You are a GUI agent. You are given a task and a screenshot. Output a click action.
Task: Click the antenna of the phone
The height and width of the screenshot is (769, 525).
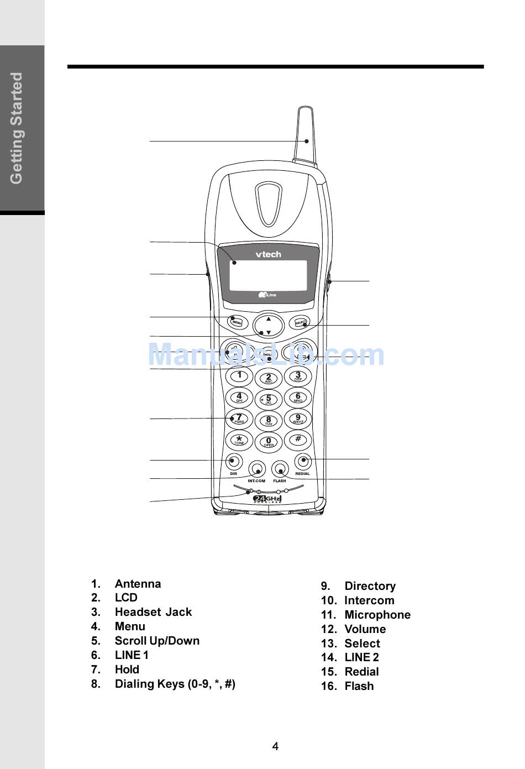coord(306,135)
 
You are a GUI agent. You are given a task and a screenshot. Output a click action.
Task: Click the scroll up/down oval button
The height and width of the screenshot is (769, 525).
coord(269,326)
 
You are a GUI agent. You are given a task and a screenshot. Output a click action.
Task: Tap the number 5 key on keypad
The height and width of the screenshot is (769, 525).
coord(269,399)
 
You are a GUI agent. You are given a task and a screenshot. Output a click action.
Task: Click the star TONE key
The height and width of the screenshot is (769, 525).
coord(239,440)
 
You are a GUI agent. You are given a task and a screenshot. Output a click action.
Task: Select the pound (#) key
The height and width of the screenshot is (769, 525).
coord(298,440)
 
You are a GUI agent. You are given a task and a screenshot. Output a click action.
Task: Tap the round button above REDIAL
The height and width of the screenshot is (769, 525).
coord(302,461)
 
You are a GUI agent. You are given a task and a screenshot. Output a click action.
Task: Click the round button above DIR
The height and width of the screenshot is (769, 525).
coord(234,461)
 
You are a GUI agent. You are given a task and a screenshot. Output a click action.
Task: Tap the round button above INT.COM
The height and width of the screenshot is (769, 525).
coord(256,469)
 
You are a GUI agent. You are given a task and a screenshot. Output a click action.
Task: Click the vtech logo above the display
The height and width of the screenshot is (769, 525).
coord(268,254)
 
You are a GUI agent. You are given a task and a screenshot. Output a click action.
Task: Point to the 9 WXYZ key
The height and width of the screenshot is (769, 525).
coord(298,418)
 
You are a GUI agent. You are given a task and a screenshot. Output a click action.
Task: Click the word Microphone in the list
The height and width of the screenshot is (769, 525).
coord(377,615)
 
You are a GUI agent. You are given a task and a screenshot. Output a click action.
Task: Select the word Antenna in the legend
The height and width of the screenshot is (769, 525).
coord(138,584)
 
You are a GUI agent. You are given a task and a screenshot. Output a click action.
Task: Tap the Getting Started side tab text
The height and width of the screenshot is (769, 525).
coord(17,128)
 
